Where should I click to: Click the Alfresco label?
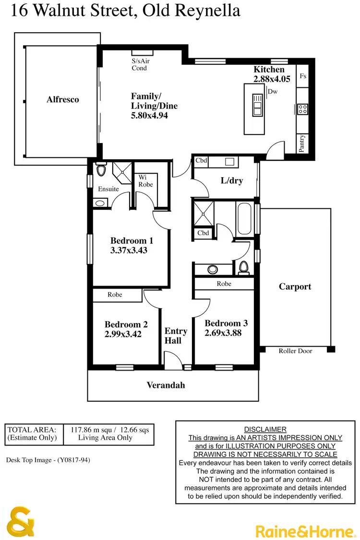coord(63,100)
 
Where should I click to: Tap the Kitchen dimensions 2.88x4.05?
coord(272,79)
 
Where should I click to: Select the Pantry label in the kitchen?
coord(302,143)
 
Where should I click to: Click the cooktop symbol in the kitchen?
coord(302,109)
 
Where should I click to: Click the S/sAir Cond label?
coord(140,65)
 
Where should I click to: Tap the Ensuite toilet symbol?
coord(101,171)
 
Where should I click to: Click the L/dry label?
coord(231,181)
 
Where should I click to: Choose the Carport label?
coord(295,287)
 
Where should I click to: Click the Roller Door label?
coord(295,351)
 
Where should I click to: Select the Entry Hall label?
coord(176,336)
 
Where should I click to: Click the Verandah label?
coord(166,385)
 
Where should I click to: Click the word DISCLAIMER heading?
coord(265,429)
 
